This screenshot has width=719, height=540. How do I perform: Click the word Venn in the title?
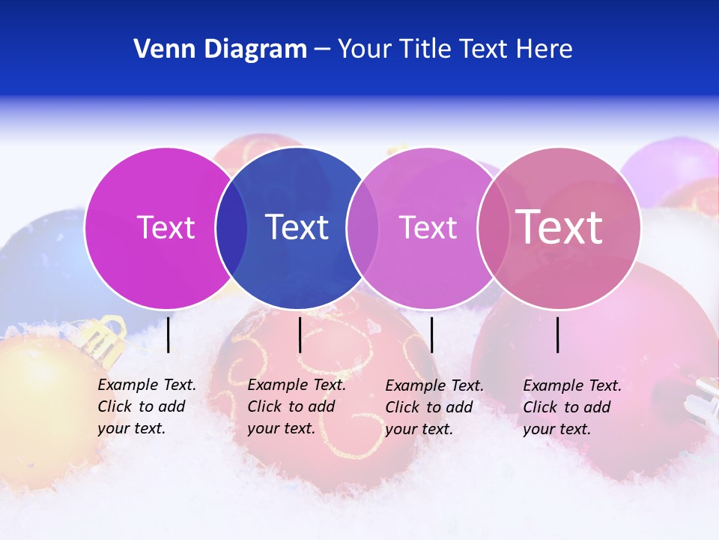coord(161,49)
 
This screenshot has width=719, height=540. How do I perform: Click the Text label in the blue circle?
coord(297,227)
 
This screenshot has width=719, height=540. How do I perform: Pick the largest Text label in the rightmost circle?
coord(559,226)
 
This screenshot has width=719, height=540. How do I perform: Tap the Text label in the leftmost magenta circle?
coord(166,227)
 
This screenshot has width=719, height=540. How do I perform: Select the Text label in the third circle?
coord(428,227)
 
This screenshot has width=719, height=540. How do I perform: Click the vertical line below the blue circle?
coord(300,334)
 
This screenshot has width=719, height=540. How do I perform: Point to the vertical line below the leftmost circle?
coord(169,334)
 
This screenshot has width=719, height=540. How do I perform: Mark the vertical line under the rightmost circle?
coord(558,334)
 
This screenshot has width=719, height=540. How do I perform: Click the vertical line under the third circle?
coord(432,334)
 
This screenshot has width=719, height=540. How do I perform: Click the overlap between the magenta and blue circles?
coord(231,228)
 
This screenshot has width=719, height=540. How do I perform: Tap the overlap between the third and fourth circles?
coord(494,228)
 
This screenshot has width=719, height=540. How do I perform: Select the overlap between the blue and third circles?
coord(363,228)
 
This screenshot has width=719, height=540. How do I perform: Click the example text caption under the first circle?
coord(146,406)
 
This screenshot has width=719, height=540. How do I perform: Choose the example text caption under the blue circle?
coord(296,406)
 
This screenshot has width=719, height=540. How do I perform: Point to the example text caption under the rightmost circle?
coord(571,407)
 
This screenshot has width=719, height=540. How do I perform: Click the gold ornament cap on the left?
coord(103,341)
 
